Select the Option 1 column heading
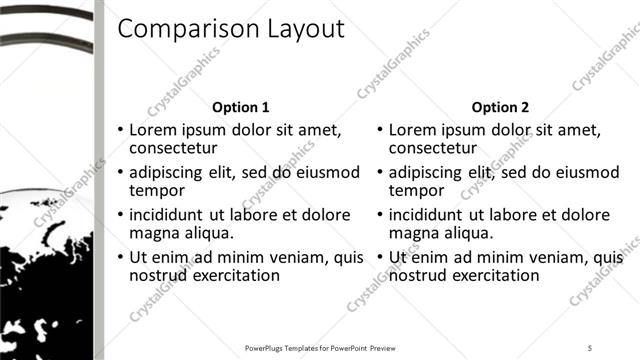241,107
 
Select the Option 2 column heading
500,107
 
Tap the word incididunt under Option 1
167,214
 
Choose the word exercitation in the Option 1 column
235,276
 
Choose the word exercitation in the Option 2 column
494,276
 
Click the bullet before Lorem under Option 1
121,130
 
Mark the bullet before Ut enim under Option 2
381,258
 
